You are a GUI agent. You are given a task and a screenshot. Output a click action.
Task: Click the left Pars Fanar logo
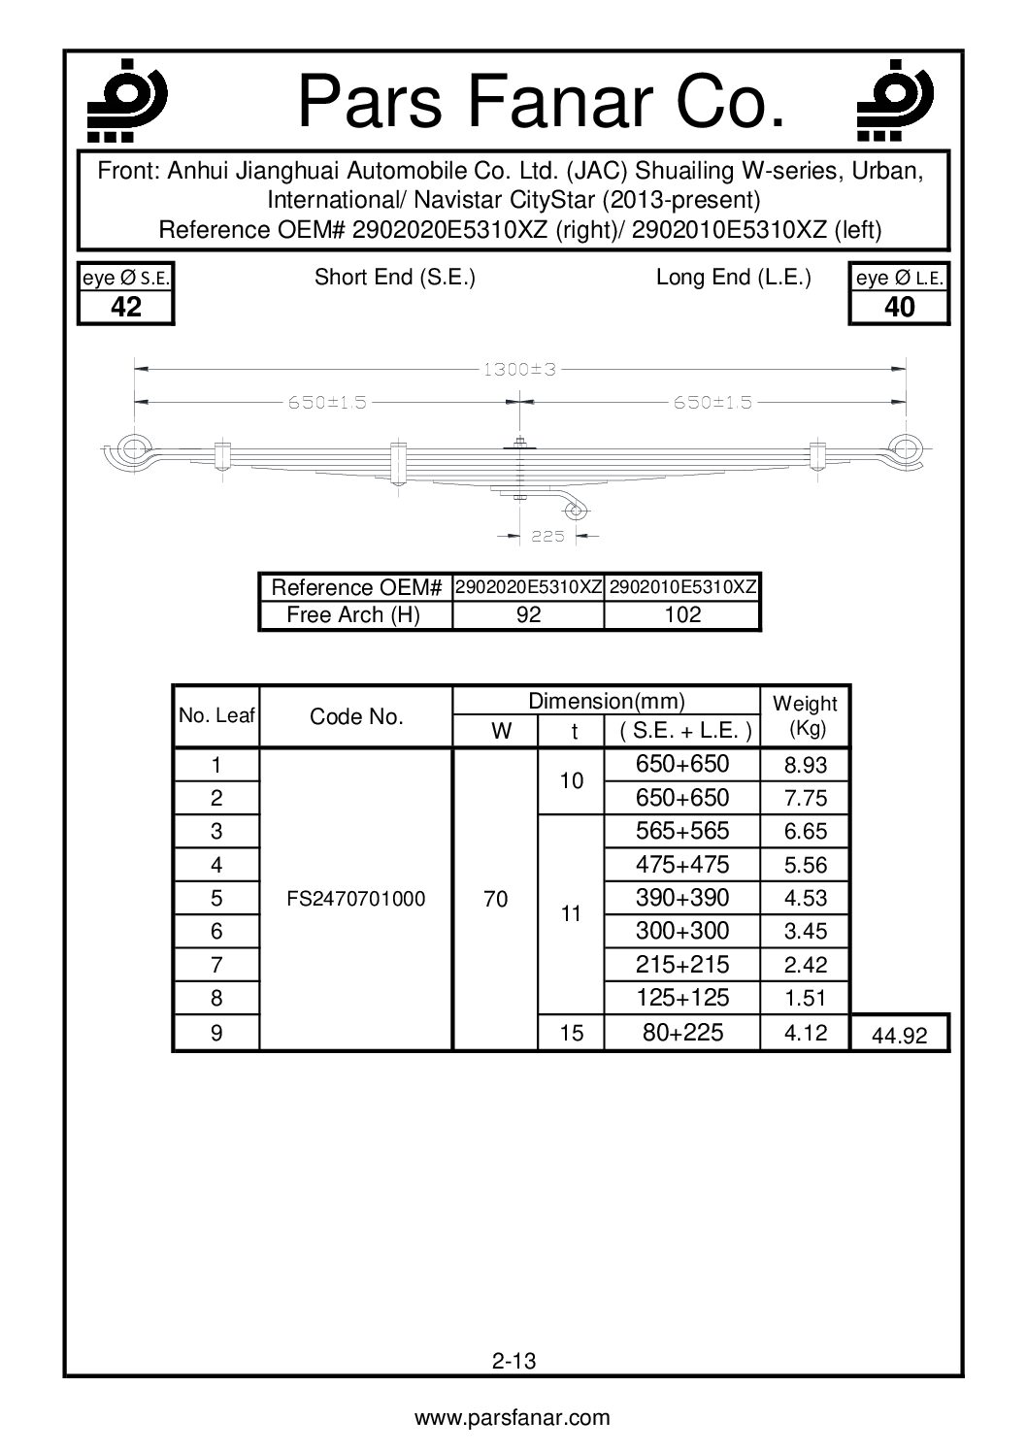124,98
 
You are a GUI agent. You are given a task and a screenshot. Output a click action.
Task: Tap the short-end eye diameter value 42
126,308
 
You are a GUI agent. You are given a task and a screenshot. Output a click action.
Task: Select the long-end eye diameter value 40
900,308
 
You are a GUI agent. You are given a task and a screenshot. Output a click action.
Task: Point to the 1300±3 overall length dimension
519,370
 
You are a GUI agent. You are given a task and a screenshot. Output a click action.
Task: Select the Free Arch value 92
528,615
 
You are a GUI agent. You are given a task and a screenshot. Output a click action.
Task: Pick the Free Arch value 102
682,615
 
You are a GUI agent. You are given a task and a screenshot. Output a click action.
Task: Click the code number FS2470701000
356,899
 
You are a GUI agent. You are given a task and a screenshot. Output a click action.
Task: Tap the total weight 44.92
899,1036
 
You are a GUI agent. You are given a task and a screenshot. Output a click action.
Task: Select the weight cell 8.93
805,766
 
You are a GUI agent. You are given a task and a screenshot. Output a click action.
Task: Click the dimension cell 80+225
682,1033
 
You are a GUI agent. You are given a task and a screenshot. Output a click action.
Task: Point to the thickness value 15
572,1034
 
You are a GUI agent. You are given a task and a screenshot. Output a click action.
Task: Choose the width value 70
495,899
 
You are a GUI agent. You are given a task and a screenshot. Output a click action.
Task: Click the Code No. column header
355,717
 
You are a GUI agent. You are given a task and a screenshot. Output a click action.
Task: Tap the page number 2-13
513,1361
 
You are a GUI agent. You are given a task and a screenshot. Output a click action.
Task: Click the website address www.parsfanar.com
513,1418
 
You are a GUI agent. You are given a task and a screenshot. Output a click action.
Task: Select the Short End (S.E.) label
394,278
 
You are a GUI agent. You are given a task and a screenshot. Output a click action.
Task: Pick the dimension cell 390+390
682,898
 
